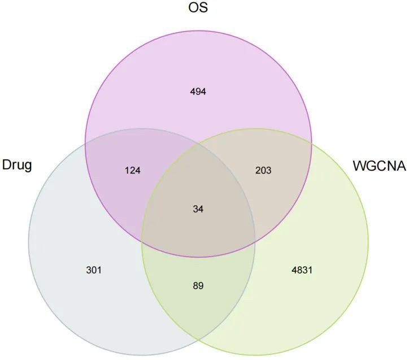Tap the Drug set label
click(17, 166)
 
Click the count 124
click(133, 170)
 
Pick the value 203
click(263, 170)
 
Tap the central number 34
click(198, 209)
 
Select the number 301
click(94, 270)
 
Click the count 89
click(198, 286)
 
